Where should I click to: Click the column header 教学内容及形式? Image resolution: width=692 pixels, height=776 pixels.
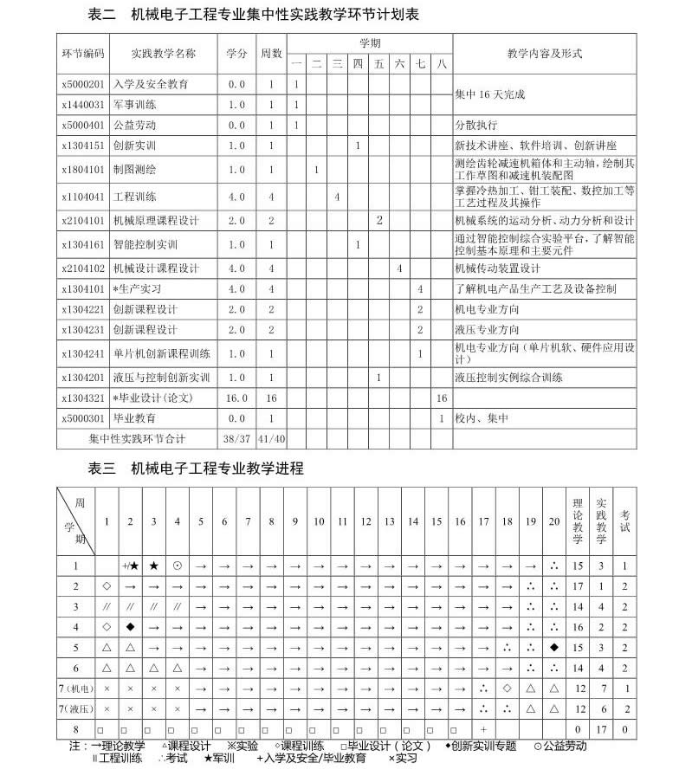coord(545,53)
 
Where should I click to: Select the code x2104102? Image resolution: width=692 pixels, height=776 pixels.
coord(83,268)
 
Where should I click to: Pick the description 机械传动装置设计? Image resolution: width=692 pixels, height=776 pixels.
coord(498,268)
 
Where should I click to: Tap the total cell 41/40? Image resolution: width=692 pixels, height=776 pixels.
coord(271,439)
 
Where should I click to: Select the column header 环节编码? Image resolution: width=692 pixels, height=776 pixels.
coord(83,53)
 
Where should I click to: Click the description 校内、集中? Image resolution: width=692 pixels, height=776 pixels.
coord(482,418)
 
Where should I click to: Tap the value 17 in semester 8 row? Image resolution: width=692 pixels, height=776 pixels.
coord(601,729)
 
